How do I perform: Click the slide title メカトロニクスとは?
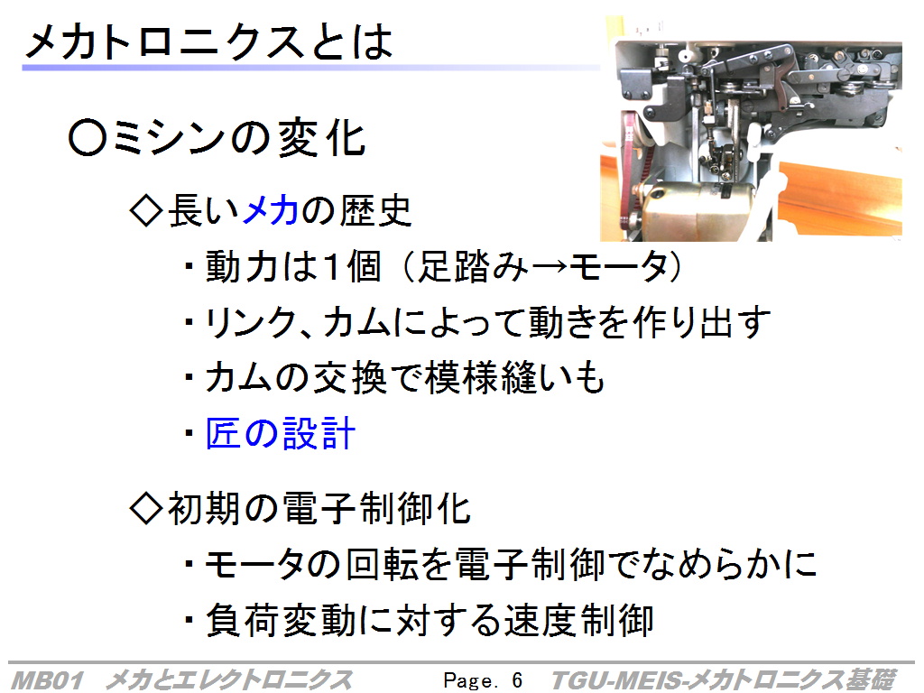209,42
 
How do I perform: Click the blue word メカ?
270,210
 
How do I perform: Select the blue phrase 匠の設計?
281,434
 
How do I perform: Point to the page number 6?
517,680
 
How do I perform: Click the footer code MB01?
47,680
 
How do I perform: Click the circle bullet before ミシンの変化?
88,138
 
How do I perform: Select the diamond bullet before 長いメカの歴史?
146,210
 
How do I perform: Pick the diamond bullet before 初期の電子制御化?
146,508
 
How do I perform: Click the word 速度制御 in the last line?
578,621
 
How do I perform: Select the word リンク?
250,323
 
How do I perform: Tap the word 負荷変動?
281,621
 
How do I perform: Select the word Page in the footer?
469,681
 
